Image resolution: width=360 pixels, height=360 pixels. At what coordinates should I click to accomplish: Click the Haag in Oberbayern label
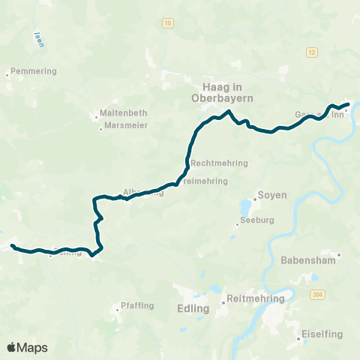(228, 92)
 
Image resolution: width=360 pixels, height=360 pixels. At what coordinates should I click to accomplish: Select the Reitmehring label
(256, 298)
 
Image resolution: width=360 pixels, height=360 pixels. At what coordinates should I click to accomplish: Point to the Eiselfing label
(323, 335)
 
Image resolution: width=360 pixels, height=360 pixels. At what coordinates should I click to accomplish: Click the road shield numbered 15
(166, 24)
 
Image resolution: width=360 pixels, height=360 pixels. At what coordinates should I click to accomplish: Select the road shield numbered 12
(311, 52)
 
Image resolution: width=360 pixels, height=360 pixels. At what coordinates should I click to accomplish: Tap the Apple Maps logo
(28, 347)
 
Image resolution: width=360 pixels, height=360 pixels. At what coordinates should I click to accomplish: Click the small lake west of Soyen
(246, 205)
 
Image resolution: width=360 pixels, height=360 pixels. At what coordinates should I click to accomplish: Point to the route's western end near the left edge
(12, 245)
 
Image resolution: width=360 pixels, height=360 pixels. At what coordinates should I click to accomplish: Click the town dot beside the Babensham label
(339, 255)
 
